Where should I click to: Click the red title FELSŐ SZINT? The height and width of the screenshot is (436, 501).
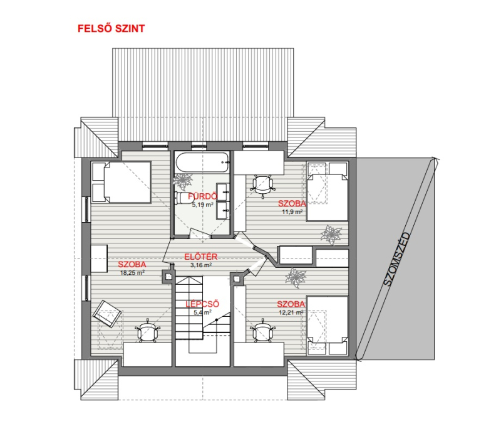[x=111, y=28]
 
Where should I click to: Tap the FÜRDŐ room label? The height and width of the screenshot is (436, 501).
[x=202, y=196]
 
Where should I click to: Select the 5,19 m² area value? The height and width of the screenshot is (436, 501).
[x=202, y=205]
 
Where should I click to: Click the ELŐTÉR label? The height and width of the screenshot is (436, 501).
[x=201, y=257]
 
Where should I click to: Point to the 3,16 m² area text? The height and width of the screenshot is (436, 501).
[x=201, y=265]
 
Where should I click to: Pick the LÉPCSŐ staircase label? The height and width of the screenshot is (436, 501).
[x=202, y=304]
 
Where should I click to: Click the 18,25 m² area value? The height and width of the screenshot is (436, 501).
[x=132, y=273]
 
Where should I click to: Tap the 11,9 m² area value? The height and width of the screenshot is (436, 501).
[x=292, y=211]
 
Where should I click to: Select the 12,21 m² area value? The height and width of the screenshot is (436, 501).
[x=291, y=312]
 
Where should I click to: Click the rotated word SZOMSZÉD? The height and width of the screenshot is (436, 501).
[x=396, y=259]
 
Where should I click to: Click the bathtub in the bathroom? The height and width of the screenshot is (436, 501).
[x=202, y=162]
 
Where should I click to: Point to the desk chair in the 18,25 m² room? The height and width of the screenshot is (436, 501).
[x=147, y=331]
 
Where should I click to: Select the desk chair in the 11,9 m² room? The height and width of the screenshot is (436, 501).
[x=263, y=185]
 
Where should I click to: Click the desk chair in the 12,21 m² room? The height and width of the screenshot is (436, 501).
[x=262, y=331]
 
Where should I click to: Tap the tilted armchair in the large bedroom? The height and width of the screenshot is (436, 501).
[x=107, y=314]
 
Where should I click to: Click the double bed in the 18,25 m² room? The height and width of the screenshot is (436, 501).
[x=121, y=182]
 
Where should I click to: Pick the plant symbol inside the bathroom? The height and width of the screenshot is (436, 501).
[x=183, y=182]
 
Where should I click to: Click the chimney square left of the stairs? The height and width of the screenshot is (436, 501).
[x=168, y=275]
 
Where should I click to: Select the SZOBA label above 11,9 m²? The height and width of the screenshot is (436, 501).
[x=292, y=203]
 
